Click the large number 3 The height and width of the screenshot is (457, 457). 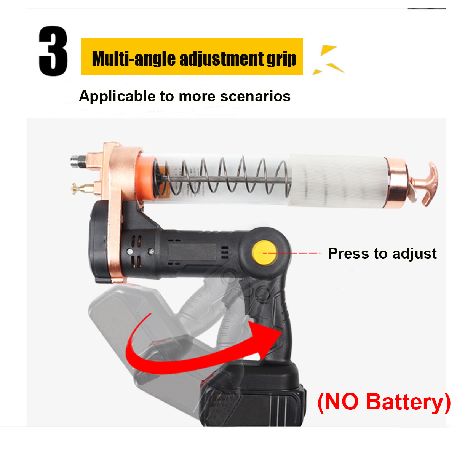53,51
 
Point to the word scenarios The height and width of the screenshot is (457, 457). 256,96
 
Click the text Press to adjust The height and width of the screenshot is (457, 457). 382,254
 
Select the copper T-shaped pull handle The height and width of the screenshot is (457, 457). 425,184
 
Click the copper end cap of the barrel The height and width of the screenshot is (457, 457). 396,183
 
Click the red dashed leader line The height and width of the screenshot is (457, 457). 292,253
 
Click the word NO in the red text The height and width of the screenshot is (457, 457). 342,401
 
